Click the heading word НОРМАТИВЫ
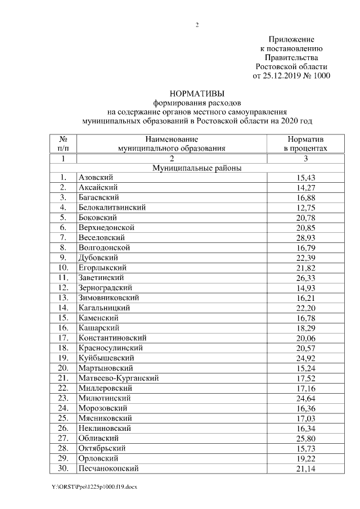196,93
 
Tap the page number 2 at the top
197,24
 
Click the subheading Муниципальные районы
197,168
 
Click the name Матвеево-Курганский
119,378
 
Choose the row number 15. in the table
63,317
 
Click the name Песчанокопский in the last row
109,468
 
